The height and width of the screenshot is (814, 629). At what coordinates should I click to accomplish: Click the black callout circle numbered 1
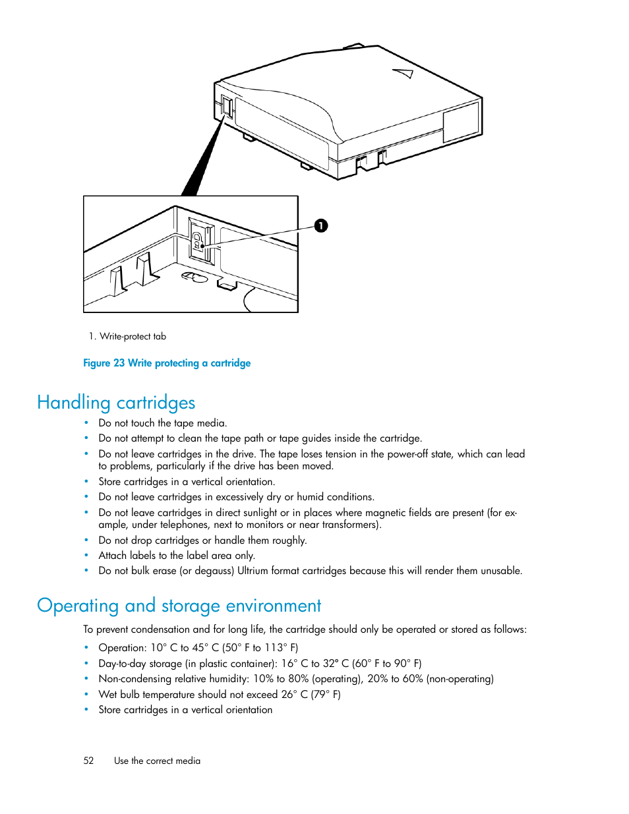coord(320,226)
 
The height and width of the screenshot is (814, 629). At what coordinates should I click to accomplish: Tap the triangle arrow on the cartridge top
coord(404,73)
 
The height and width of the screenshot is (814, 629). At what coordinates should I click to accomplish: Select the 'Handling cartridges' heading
coord(116,402)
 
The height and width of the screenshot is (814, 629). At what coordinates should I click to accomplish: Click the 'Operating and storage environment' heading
coord(179,605)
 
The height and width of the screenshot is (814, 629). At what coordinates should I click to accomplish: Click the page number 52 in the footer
coord(88,761)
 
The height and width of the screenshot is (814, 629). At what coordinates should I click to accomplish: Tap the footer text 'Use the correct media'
coord(157,761)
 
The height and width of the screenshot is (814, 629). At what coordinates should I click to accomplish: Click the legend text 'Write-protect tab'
coord(133,336)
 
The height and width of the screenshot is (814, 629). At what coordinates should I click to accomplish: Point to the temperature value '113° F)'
coord(282,648)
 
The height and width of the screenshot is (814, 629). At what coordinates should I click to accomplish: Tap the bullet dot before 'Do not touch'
coord(86,422)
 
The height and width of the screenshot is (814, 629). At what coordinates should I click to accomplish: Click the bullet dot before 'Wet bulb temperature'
coord(86,694)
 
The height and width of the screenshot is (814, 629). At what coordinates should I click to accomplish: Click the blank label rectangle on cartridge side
coord(460,121)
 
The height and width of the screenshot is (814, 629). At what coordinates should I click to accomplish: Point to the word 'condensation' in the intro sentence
coord(160,629)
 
